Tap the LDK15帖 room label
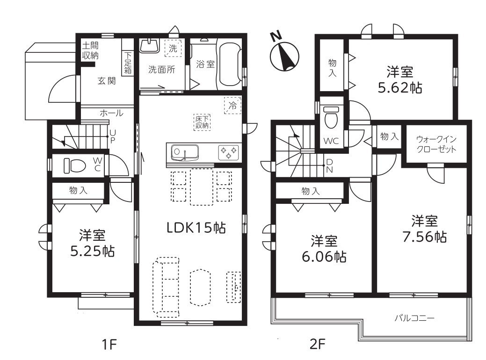(x=196, y=228)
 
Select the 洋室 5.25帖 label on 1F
(x=92, y=244)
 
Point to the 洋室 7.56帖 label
(x=424, y=229)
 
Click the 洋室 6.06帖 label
(x=324, y=249)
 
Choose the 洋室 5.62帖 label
(x=400, y=80)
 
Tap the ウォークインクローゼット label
(x=436, y=144)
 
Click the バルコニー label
(x=414, y=318)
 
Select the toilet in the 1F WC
(x=75, y=166)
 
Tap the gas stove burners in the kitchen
(x=229, y=152)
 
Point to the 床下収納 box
(x=202, y=122)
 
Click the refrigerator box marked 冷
(x=233, y=106)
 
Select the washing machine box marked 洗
(x=173, y=48)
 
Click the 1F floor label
(x=109, y=344)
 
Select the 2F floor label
(x=318, y=344)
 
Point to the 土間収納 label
(x=90, y=50)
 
